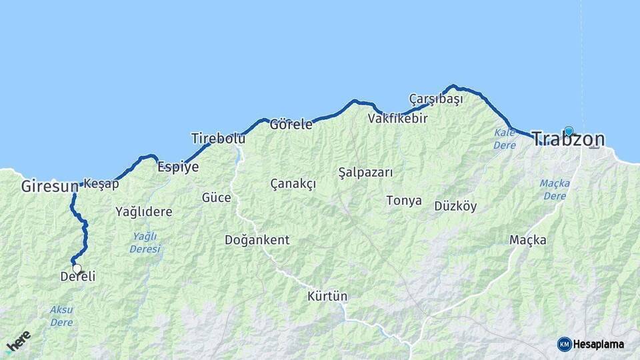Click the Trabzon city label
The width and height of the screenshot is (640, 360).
[x=569, y=140]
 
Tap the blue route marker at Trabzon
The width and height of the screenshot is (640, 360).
[x=569, y=131]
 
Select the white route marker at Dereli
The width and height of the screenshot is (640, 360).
[x=77, y=269]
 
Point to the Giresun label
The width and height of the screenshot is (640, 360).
[x=49, y=187]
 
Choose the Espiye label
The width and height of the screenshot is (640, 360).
[x=178, y=167]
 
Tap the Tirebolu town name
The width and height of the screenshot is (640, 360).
[x=218, y=139]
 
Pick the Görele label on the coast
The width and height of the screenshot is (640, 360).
[x=291, y=124]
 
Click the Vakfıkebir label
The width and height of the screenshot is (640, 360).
[x=397, y=119]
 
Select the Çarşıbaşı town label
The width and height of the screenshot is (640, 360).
[x=435, y=99]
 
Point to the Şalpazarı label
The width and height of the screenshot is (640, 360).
[x=365, y=172]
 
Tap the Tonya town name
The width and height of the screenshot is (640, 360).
[x=403, y=201]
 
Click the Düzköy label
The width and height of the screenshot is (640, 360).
[x=455, y=206]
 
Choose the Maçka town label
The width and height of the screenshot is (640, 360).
[x=527, y=240]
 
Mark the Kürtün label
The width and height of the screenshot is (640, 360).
[x=327, y=296]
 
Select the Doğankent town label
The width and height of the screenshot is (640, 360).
[x=257, y=240]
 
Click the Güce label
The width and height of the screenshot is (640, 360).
[x=217, y=198]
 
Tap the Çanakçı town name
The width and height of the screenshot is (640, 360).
[x=293, y=184]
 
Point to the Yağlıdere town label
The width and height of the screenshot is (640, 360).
[x=143, y=212]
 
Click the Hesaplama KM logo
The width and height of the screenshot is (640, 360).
[x=591, y=344]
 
